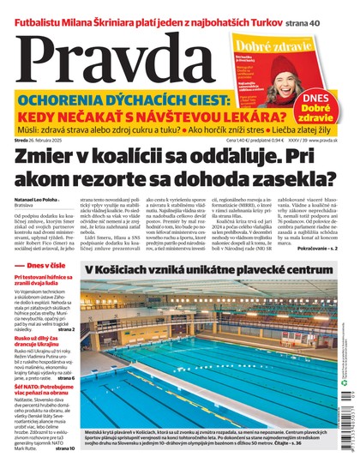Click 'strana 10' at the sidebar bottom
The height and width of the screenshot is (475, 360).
[67, 448]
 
